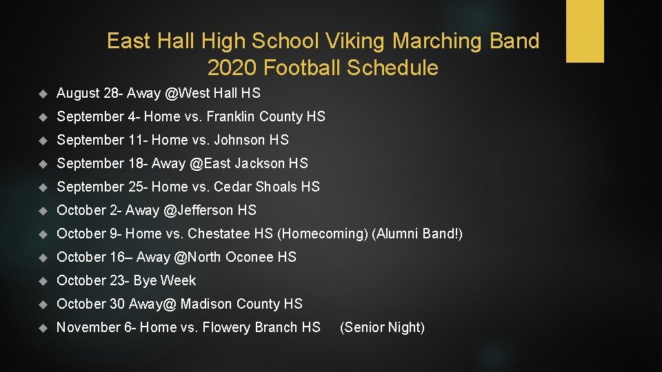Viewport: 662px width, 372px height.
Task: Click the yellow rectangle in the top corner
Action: [585, 31]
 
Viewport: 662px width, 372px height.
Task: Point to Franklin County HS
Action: [265, 116]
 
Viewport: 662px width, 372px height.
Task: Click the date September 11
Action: [101, 140]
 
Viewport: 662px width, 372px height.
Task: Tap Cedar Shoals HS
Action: [267, 187]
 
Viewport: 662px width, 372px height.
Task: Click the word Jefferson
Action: [205, 210]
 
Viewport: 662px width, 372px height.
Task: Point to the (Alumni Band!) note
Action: [417, 234]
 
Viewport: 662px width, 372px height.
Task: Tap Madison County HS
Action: [241, 304]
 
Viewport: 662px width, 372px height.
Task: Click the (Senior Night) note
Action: [382, 327]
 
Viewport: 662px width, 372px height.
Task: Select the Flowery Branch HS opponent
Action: [264, 327]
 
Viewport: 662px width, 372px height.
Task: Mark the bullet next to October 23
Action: [42, 281]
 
